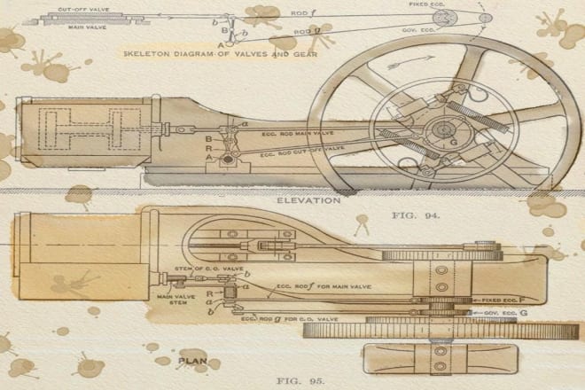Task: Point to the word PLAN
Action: point(192,361)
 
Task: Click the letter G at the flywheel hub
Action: point(453,142)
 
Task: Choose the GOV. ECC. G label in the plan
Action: point(508,313)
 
